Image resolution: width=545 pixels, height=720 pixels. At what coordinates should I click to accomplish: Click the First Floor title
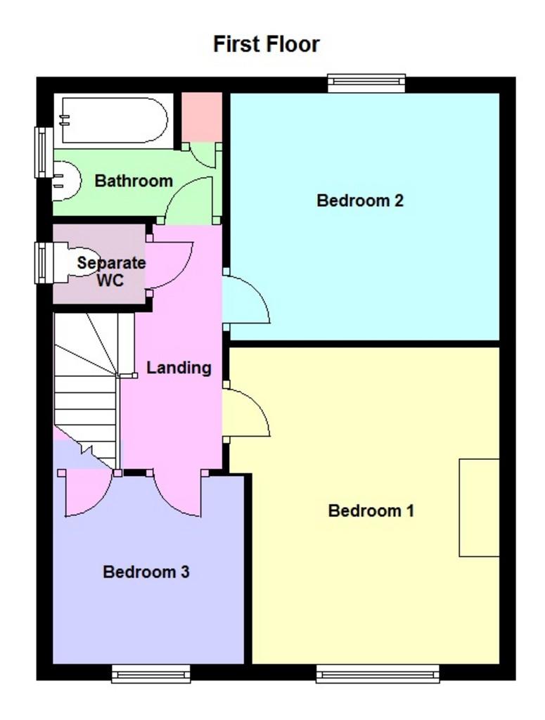[267, 44]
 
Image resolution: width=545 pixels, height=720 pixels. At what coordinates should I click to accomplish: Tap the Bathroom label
[134, 181]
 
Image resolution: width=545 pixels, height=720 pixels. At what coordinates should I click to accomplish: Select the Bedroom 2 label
[359, 200]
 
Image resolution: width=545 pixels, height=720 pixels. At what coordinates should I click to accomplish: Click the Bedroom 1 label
[371, 510]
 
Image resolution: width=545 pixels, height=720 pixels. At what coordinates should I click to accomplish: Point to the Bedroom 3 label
[146, 572]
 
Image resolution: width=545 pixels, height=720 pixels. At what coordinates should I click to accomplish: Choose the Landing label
[179, 367]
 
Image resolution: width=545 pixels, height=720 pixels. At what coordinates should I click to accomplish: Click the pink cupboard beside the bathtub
[202, 117]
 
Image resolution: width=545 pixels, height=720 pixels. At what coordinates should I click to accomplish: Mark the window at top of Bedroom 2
[366, 84]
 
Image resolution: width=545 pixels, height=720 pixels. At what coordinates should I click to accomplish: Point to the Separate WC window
[44, 262]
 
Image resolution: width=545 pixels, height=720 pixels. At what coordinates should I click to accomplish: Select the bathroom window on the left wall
[44, 153]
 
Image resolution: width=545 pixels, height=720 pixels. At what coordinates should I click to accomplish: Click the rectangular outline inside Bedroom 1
[479, 507]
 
